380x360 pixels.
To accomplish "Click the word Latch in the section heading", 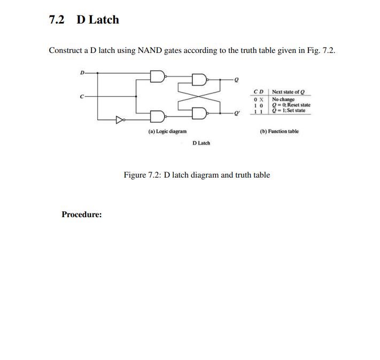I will click(x=103, y=20).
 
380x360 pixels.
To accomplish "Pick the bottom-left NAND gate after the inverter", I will click(x=158, y=116).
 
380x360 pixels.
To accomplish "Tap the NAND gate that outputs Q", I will click(x=199, y=80).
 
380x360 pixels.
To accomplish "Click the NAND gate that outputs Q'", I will click(x=199, y=112).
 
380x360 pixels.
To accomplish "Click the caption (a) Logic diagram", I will click(x=167, y=131).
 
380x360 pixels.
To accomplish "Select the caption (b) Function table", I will click(x=280, y=131).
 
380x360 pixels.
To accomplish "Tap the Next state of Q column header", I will click(x=289, y=92).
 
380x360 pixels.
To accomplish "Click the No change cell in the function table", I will click(x=283, y=99).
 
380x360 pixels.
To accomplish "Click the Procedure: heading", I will click(x=82, y=215).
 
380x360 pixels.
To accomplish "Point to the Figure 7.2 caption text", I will click(x=197, y=175).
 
